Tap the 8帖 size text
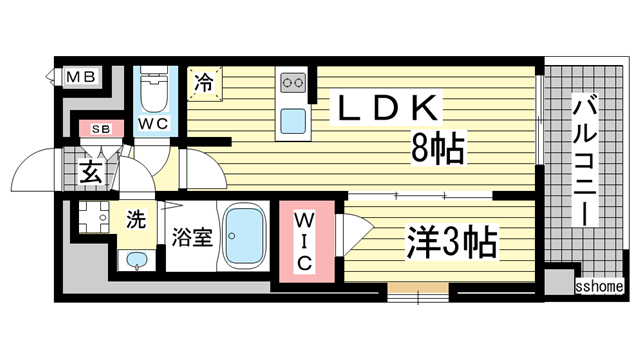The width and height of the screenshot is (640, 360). coord(436,151)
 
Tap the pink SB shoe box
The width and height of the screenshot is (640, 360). coord(100,128)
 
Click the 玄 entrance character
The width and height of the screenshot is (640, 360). coord(90,171)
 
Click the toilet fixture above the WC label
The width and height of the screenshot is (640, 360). coord(155,93)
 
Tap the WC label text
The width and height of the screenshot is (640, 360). coord(154,124)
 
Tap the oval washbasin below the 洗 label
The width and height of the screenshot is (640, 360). coord(137,262)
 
